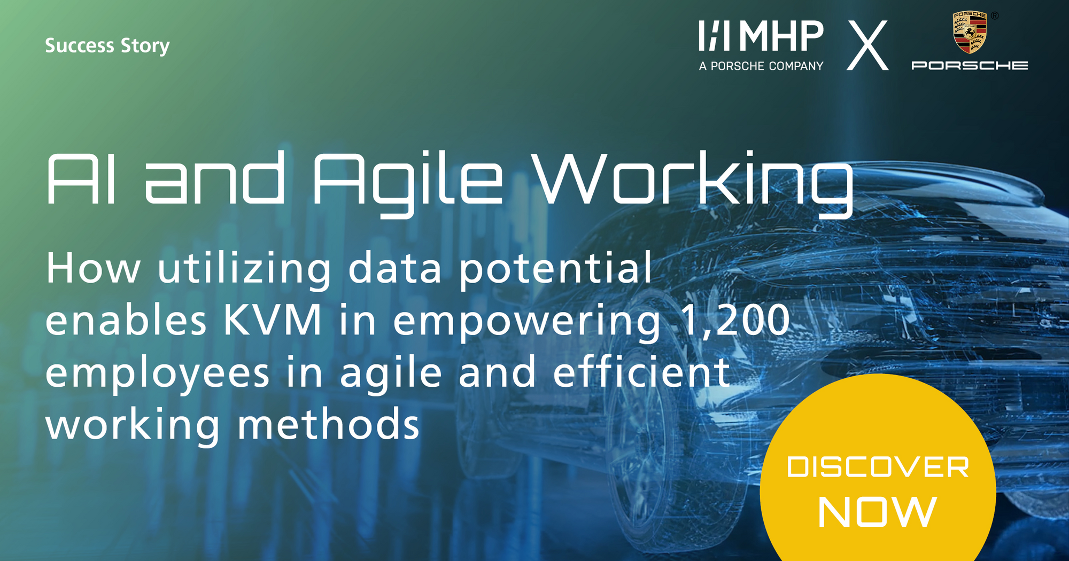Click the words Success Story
[107, 46]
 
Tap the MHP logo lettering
[761, 36]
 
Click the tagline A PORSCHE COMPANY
[761, 66]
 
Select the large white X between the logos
[867, 45]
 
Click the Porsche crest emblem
[970, 33]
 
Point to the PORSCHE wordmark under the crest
[970, 65]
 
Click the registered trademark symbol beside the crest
[995, 16]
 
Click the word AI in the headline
[81, 179]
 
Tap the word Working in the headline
[693, 182]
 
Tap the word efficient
[641, 372]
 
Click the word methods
[328, 425]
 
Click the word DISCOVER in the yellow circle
[878, 467]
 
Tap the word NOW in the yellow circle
[877, 512]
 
